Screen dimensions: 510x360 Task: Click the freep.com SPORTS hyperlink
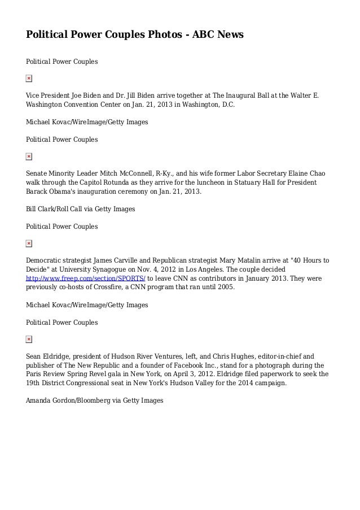[86, 279]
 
